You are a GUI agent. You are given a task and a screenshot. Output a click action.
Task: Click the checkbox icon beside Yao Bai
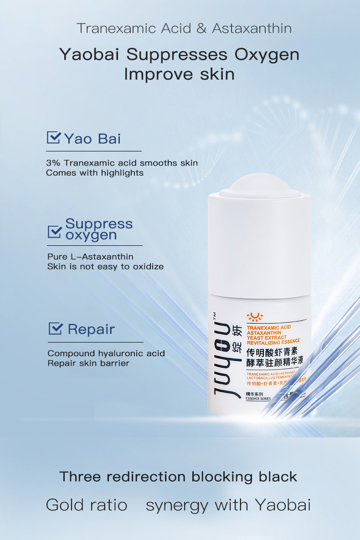pos(53,138)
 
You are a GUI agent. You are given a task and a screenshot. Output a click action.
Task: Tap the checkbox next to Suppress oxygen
pos(54,231)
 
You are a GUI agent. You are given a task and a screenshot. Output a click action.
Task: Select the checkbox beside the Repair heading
pos(55,328)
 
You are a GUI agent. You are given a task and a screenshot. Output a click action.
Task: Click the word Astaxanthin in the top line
pos(252,28)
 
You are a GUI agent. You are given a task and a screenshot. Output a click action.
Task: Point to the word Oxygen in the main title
pos(267,54)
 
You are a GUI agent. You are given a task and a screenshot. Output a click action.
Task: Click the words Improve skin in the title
pos(180,74)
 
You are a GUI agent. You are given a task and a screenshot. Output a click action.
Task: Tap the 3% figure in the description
pos(53,163)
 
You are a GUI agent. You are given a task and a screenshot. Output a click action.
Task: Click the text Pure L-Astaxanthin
pos(90,257)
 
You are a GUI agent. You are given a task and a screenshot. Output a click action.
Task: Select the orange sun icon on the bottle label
pos(252,317)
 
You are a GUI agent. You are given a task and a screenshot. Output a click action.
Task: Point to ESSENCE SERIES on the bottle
pos(258,399)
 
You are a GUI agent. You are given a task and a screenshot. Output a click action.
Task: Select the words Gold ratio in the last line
pos(87,505)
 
